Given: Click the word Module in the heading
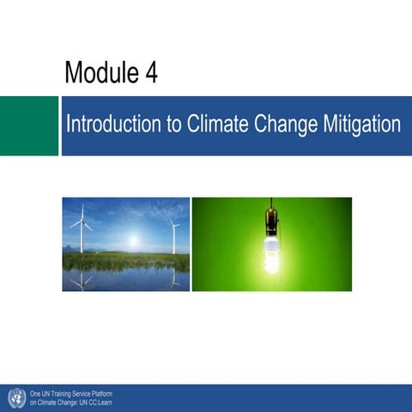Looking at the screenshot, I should [95, 74].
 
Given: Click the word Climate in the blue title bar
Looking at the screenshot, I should [220, 124].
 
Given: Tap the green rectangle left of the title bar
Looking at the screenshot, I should [28, 125].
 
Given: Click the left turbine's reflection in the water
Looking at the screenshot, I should [82, 280].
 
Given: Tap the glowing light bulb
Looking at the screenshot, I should [271, 255].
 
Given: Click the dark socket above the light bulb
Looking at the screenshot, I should [271, 221].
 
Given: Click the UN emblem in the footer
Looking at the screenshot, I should [15, 397].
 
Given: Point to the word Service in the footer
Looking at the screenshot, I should [82, 393].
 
